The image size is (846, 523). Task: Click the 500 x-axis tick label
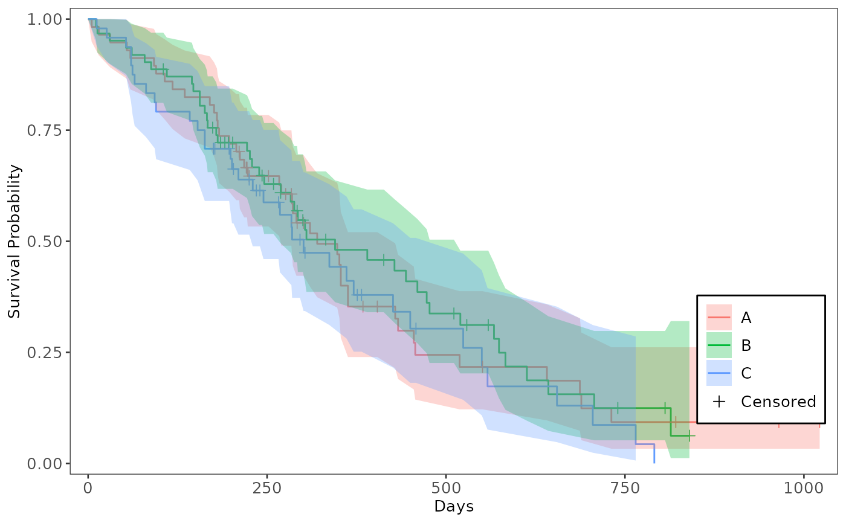[446, 487]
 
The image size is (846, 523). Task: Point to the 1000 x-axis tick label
[804, 487]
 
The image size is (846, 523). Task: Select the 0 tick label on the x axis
[88, 487]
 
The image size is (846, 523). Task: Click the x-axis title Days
[453, 506]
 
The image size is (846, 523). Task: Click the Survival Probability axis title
[15, 242]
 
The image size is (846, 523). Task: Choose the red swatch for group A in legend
[719, 317]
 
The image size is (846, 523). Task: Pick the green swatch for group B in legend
[719, 345]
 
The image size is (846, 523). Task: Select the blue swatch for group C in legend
[719, 373]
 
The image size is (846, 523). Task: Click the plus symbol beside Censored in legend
[719, 402]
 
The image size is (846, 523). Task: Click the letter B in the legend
[746, 345]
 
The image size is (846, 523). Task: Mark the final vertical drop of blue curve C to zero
[654, 454]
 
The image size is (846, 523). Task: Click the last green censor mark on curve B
[689, 435]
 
